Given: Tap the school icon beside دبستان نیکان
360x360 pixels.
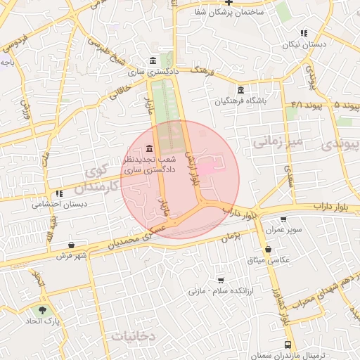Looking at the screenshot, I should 304,33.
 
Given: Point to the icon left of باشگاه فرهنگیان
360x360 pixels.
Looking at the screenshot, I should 241,90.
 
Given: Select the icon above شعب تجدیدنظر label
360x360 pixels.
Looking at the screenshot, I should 148,149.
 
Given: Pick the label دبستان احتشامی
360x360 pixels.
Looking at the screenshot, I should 59,205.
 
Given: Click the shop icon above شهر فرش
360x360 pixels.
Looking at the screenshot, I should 71,245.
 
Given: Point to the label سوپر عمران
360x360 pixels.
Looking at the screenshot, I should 288,230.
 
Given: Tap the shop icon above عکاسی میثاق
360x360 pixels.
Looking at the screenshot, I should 269,249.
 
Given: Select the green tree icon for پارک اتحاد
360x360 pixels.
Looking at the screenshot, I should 44,310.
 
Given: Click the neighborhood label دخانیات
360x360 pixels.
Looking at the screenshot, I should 133,337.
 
